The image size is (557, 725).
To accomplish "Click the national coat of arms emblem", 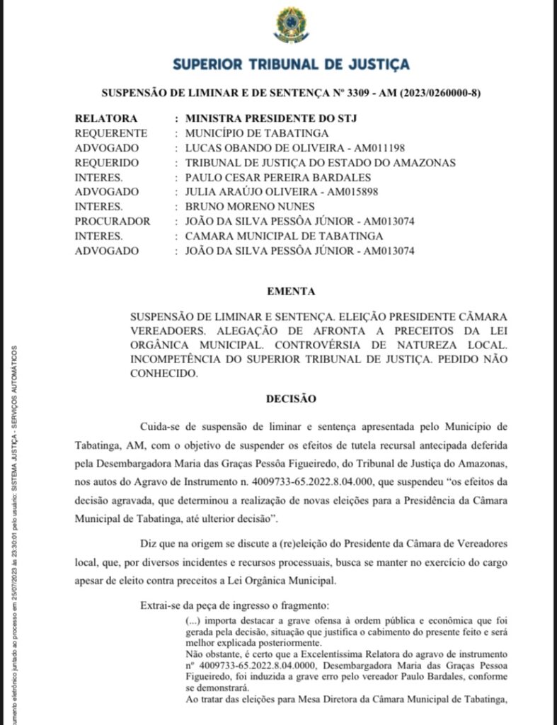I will coord(291,25).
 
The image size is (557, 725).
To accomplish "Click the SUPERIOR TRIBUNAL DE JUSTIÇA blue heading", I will coord(291,64).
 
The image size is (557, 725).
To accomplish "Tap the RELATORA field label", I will coord(106,118).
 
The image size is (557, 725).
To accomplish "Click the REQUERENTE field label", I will coord(111,133).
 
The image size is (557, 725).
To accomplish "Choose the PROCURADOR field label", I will coord(113,222).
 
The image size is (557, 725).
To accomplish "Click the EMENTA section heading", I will coord(291,291).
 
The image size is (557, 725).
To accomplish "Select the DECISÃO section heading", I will coord(291,399).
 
